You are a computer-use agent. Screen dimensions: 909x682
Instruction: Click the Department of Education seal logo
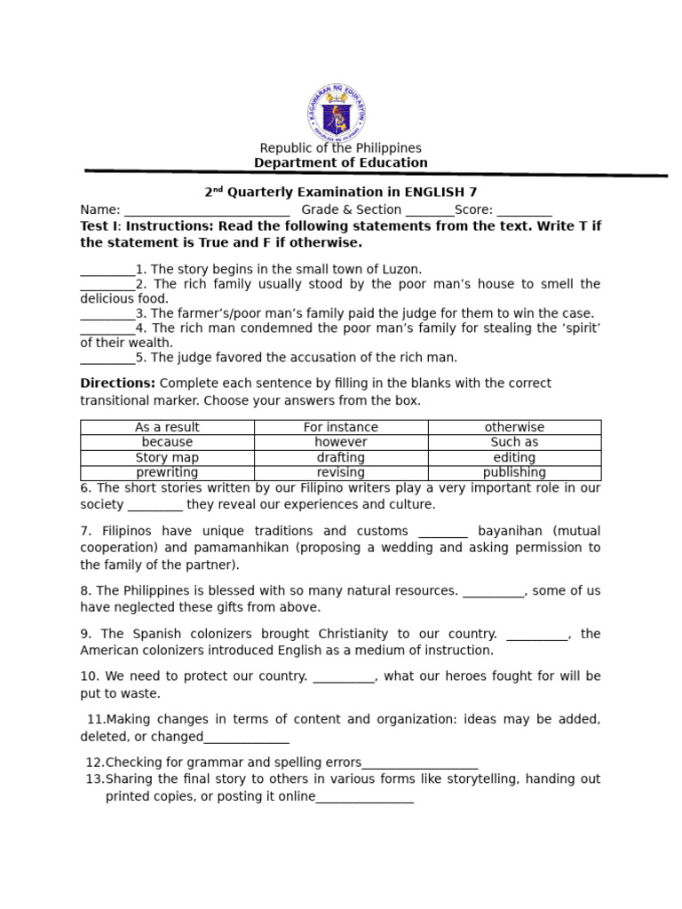(x=337, y=113)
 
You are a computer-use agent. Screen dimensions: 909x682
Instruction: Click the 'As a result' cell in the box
(x=167, y=427)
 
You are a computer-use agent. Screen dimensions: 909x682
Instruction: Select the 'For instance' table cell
(x=341, y=427)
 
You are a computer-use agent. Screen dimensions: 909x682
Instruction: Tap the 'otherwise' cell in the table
(x=514, y=427)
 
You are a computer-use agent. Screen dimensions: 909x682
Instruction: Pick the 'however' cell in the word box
(x=341, y=442)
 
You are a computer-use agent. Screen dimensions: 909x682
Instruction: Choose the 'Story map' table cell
(x=167, y=457)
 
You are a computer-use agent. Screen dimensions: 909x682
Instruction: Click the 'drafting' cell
(x=341, y=457)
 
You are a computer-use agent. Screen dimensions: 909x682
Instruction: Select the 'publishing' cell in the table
(x=514, y=472)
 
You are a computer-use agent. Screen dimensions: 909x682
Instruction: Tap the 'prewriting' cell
(x=167, y=472)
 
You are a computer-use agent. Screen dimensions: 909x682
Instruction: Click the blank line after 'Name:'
(x=206, y=211)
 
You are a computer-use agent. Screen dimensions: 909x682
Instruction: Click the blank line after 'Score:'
(x=524, y=211)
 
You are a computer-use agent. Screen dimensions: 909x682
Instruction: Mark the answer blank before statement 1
(x=107, y=270)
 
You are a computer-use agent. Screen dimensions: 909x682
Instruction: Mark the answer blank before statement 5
(x=107, y=359)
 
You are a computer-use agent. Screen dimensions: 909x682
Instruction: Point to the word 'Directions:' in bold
(x=117, y=383)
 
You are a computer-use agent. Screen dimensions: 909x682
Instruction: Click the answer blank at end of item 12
(x=420, y=763)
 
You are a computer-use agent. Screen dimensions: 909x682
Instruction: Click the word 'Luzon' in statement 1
(x=400, y=269)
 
